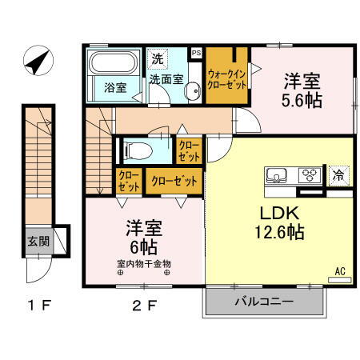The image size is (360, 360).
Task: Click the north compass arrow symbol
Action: pos(36,60)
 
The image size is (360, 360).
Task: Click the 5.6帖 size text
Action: pos(302,102)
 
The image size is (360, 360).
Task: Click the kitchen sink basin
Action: pos(277,175)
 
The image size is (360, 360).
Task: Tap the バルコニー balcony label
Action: pos(264,302)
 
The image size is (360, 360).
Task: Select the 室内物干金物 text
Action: pos(144,263)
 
